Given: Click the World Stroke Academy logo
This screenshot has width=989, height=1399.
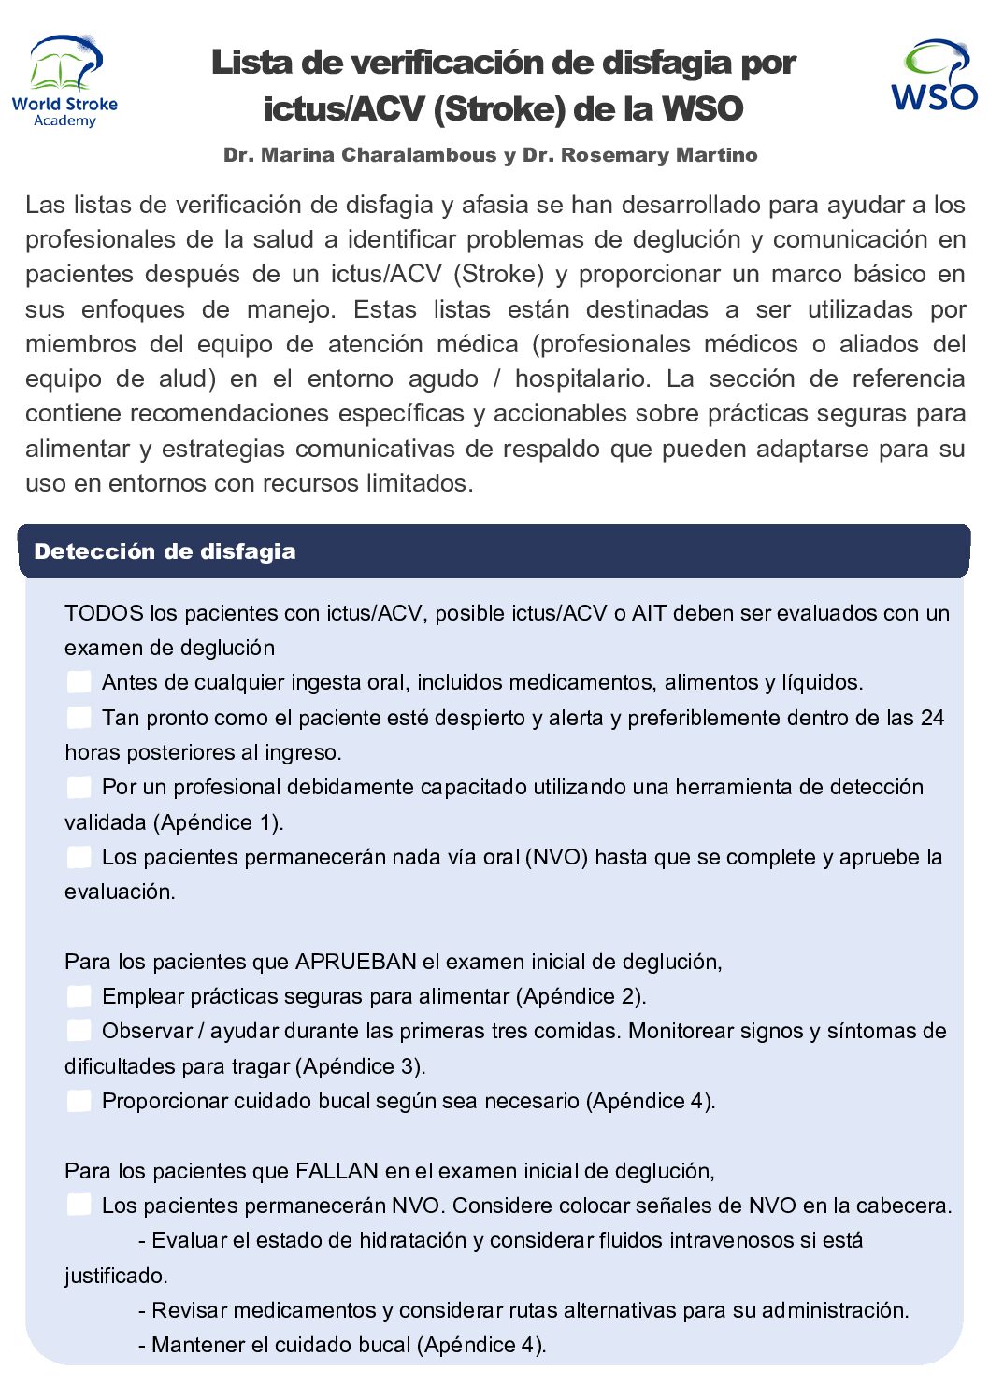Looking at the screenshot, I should [x=64, y=81].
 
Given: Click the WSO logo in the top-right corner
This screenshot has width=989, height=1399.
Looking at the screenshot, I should [x=933, y=76].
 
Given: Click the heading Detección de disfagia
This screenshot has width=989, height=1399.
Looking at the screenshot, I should [x=165, y=551].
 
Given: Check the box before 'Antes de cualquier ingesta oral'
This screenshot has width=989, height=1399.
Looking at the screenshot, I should [x=79, y=682].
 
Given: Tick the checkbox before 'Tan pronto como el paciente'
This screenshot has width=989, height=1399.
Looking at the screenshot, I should [x=79, y=718].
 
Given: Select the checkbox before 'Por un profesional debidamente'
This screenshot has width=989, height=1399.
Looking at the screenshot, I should [x=79, y=787].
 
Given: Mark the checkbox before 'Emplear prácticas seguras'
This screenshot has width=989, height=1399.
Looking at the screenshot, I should [x=79, y=996].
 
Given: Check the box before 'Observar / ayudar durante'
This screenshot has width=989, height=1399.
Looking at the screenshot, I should [x=79, y=1031].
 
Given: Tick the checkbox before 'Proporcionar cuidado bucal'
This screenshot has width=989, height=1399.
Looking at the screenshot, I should [x=79, y=1101].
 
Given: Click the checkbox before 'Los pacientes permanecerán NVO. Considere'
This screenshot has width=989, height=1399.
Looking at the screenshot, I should [x=79, y=1206].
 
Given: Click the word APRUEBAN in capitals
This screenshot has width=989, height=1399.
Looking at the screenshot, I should [x=355, y=962].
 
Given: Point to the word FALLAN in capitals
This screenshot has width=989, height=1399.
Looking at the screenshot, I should [x=337, y=1171].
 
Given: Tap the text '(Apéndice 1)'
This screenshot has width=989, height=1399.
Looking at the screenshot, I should [x=220, y=822].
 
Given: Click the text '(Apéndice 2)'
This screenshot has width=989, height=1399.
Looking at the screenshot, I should [x=580, y=996].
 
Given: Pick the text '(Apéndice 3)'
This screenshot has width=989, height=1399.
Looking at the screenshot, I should [x=361, y=1066].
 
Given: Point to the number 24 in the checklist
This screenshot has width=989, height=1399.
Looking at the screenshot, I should [x=932, y=718].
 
